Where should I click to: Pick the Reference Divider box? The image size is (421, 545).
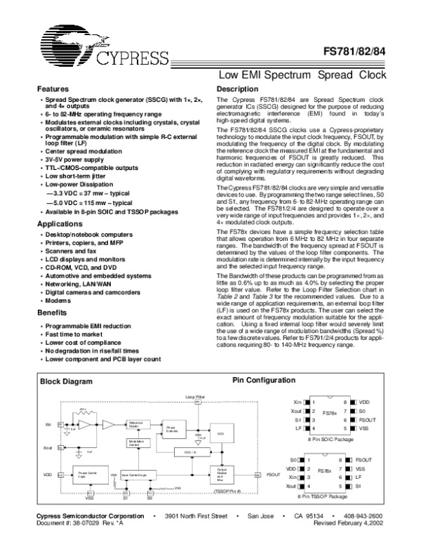(x=136, y=423)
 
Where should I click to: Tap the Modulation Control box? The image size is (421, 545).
(x=136, y=443)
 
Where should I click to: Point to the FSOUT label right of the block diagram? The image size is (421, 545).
(x=273, y=475)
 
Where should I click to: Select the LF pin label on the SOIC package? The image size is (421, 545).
(x=300, y=428)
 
